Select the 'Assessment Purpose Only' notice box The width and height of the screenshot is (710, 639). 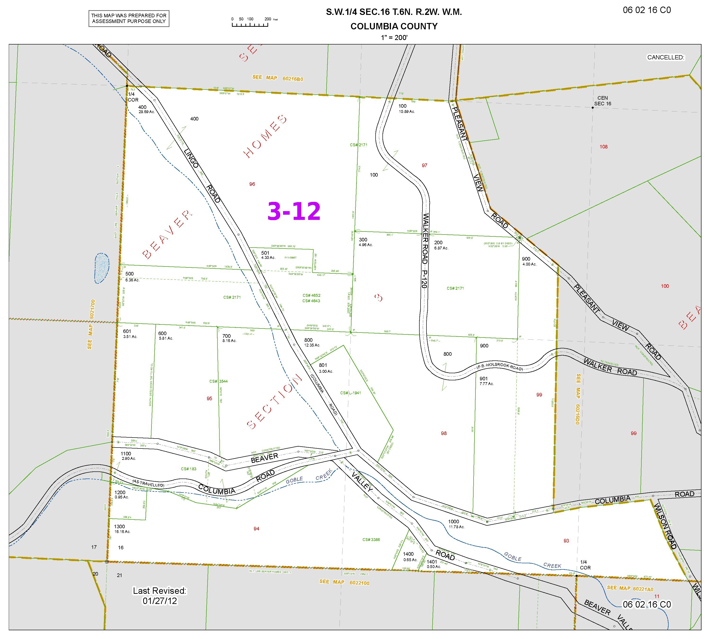point(129,19)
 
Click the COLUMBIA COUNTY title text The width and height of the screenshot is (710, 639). point(394,26)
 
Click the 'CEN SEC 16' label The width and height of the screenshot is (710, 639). point(602,101)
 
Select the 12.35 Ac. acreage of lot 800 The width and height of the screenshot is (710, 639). point(312,345)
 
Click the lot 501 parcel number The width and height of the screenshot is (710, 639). point(265,253)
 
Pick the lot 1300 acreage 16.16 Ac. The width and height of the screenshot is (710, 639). point(122,532)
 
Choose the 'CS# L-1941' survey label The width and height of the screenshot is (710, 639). point(351,393)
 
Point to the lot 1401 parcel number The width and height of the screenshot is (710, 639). point(432,562)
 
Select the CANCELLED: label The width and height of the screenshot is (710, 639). point(666,58)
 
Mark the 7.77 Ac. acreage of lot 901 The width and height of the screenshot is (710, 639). point(487,383)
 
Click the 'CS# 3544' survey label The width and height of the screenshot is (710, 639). point(218,381)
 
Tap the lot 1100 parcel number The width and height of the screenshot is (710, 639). point(126,454)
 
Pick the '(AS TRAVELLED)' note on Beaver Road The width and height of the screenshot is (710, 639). point(148,483)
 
